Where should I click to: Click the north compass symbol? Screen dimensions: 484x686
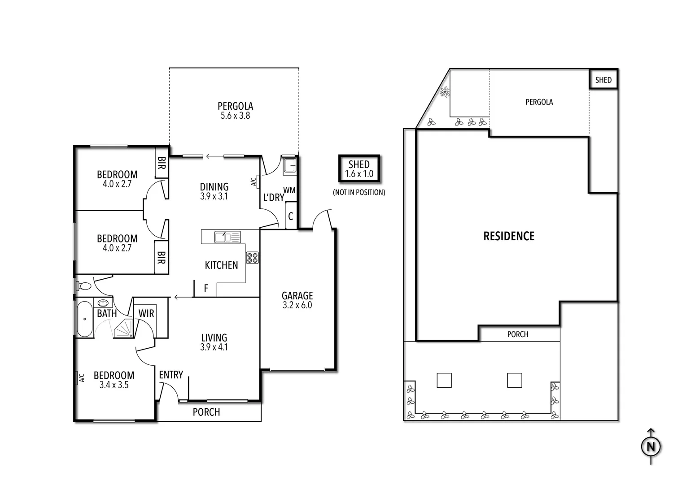click(651, 446)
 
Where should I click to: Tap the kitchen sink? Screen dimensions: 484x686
click(227, 236)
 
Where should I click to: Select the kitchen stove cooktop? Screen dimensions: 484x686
click(252, 258)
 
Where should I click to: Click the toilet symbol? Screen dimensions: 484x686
click(83, 285)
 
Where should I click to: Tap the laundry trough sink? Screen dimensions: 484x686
click(288, 166)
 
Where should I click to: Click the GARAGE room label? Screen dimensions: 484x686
click(297, 296)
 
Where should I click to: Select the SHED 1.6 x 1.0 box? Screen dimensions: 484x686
click(359, 169)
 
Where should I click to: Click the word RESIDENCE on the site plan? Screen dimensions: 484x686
click(509, 236)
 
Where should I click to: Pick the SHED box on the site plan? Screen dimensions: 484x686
click(603, 80)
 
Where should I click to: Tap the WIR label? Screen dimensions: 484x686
click(146, 313)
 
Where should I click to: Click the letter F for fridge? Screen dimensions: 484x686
click(206, 289)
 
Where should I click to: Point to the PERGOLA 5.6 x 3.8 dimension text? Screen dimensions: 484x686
click(235, 116)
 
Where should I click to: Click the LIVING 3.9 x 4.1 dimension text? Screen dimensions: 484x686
click(214, 347)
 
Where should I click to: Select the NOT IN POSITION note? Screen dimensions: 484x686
click(359, 192)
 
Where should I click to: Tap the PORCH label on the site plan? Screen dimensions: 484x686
click(518, 334)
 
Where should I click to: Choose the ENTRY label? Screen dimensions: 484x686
click(171, 375)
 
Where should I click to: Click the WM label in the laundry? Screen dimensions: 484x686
click(289, 190)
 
